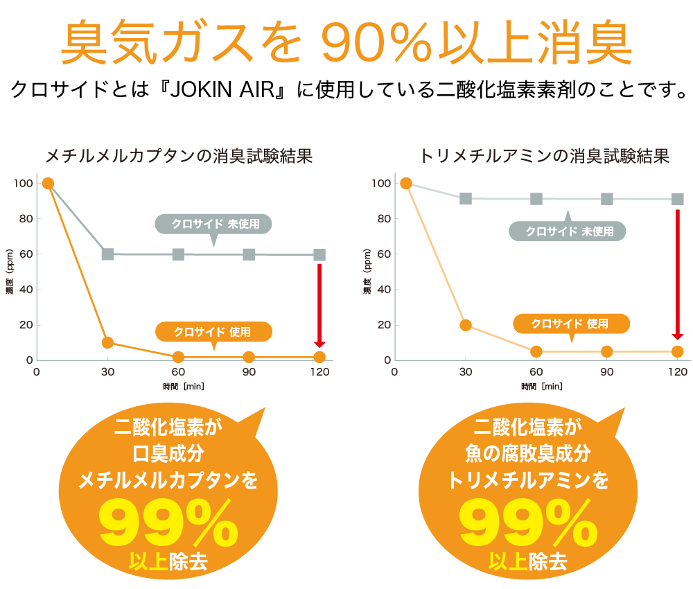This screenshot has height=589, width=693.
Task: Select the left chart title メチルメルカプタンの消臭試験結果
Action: (x=178, y=156)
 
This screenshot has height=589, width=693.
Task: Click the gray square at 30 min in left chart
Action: (x=107, y=254)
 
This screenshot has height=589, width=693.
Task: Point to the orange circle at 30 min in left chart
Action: (x=107, y=342)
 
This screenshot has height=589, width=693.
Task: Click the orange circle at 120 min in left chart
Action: (x=319, y=357)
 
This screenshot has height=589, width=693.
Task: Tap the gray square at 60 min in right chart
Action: (x=536, y=199)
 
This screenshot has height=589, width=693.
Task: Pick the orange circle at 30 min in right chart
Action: (x=466, y=325)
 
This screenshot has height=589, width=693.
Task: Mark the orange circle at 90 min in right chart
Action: (x=607, y=351)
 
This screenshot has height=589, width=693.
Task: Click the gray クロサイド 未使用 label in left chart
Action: (x=212, y=224)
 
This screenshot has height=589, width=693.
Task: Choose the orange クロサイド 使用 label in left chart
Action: (x=212, y=332)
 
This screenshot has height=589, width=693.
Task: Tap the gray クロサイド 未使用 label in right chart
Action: (x=568, y=231)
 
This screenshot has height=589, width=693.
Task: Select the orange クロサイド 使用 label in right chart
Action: (x=571, y=324)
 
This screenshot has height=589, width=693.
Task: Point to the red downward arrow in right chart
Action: (x=678, y=274)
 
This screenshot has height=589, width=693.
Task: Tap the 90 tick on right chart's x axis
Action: (x=607, y=372)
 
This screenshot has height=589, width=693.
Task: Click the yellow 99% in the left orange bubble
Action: (x=169, y=526)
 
